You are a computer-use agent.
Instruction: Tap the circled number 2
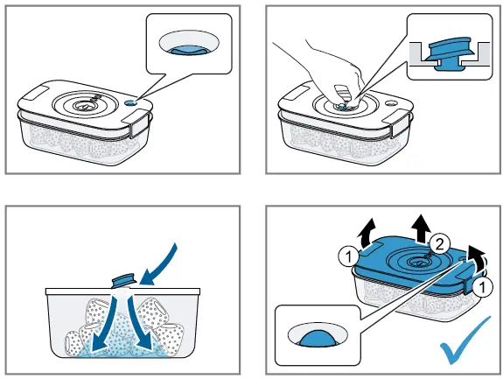tap(439, 244)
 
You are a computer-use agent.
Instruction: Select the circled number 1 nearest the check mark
tap(483, 287)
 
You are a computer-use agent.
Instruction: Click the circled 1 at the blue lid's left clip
tap(348, 256)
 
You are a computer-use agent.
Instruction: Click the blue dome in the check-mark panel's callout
tap(317, 339)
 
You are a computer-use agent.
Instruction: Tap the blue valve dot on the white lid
tap(130, 102)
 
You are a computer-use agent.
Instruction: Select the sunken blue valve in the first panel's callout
tap(190, 50)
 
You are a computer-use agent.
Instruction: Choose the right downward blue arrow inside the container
tap(139, 322)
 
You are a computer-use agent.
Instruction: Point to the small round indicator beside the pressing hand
tap(391, 104)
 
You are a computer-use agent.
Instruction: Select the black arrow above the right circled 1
tap(475, 259)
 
